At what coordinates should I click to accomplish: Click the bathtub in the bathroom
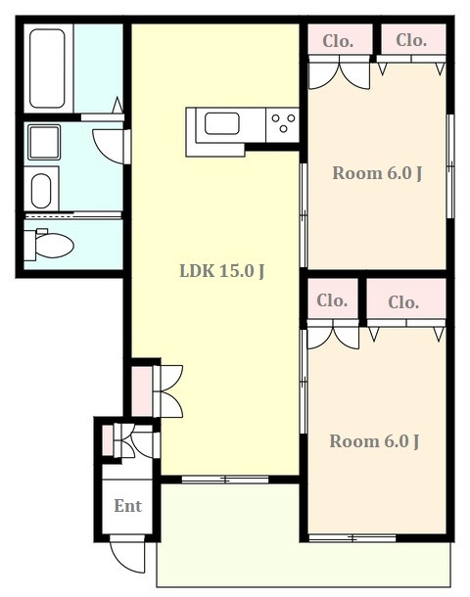(47, 69)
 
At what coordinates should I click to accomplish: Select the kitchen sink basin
(222, 123)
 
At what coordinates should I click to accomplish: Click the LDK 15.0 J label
(222, 271)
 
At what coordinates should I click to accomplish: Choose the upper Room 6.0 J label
(377, 173)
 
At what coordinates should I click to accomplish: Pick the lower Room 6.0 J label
(374, 441)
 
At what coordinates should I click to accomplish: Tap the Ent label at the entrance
(127, 506)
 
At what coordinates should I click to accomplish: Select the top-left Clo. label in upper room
(338, 41)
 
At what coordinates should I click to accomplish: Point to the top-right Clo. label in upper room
(411, 40)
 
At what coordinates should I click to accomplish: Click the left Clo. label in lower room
(332, 300)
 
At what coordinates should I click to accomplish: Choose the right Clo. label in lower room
(403, 302)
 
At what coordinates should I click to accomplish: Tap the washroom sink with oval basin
(41, 189)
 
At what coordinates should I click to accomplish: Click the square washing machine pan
(44, 142)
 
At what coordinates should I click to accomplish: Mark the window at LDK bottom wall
(225, 480)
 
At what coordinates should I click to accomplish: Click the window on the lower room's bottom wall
(352, 538)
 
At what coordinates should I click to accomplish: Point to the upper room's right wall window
(450, 166)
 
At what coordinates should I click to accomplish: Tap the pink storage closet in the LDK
(142, 391)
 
